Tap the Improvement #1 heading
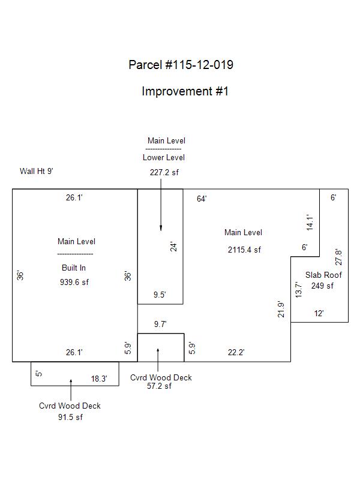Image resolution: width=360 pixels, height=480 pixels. coord(185,91)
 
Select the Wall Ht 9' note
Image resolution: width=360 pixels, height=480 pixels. coord(37,171)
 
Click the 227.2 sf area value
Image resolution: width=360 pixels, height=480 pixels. coord(164,172)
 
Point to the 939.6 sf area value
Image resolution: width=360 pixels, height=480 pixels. coord(74,282)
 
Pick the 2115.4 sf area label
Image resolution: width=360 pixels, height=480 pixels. coord(244,250)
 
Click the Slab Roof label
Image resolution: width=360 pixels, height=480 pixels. coord(323,275)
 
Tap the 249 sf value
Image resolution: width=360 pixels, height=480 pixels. coord(322,286)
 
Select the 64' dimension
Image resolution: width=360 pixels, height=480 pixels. coord(202,199)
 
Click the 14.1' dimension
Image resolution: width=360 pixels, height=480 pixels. coord(310,223)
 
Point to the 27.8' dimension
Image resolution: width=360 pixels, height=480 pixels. coord(338,257)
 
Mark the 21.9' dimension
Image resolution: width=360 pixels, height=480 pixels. coord(281,309)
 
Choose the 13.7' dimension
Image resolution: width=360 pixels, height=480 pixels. coord(298,290)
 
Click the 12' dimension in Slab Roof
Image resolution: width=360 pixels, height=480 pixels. coord(319,313)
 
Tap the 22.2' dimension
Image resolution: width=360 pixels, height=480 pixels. coord(236,352)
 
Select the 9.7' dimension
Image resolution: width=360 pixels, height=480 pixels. coord(160,324)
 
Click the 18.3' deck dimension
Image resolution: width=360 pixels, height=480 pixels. coord(99,379)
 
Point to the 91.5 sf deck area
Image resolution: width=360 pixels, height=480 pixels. coord(70,417)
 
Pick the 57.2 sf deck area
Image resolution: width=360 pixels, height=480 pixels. coord(159,386)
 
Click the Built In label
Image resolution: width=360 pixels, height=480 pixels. coord(74,268)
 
